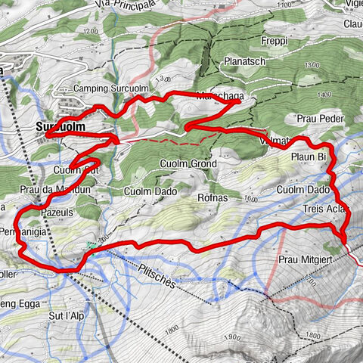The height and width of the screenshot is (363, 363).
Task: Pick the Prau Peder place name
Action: point(320,119)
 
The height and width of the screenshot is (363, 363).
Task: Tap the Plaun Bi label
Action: point(309,157)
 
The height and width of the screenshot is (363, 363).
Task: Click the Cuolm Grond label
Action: point(188,163)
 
